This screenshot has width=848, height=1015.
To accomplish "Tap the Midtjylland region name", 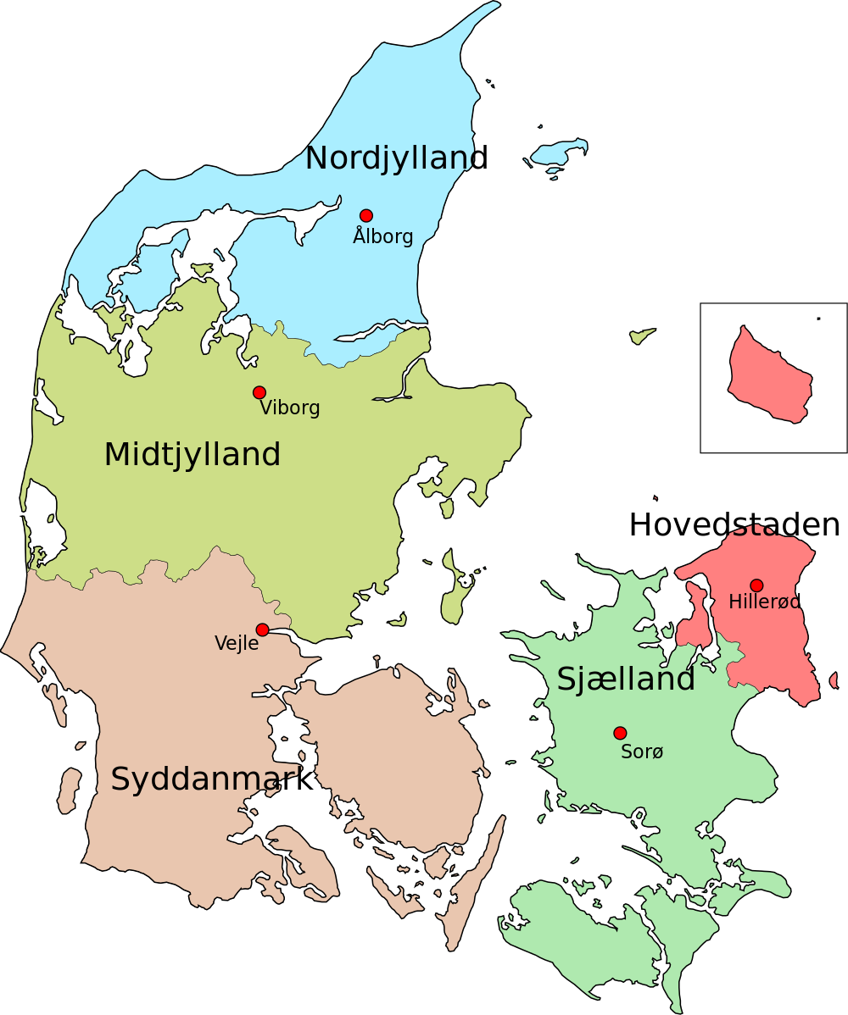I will [192, 455].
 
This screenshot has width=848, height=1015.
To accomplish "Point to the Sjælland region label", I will [626, 679].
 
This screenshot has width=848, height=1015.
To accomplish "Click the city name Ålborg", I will [383, 236].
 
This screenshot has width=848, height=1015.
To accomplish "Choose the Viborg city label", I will [290, 408].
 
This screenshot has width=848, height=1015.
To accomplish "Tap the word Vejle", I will [236, 643].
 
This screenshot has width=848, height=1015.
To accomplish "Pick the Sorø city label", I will [642, 752].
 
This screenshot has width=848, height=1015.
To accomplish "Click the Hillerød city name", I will [764, 602].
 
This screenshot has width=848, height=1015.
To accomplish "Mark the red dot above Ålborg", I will [366, 215].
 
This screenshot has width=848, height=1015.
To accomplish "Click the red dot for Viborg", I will [259, 392].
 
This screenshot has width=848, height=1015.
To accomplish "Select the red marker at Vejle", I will [263, 630].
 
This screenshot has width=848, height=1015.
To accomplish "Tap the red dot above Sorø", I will [620, 733].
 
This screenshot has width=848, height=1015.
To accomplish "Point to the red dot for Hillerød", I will [756, 585].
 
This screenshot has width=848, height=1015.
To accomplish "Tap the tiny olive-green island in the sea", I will [642, 336].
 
